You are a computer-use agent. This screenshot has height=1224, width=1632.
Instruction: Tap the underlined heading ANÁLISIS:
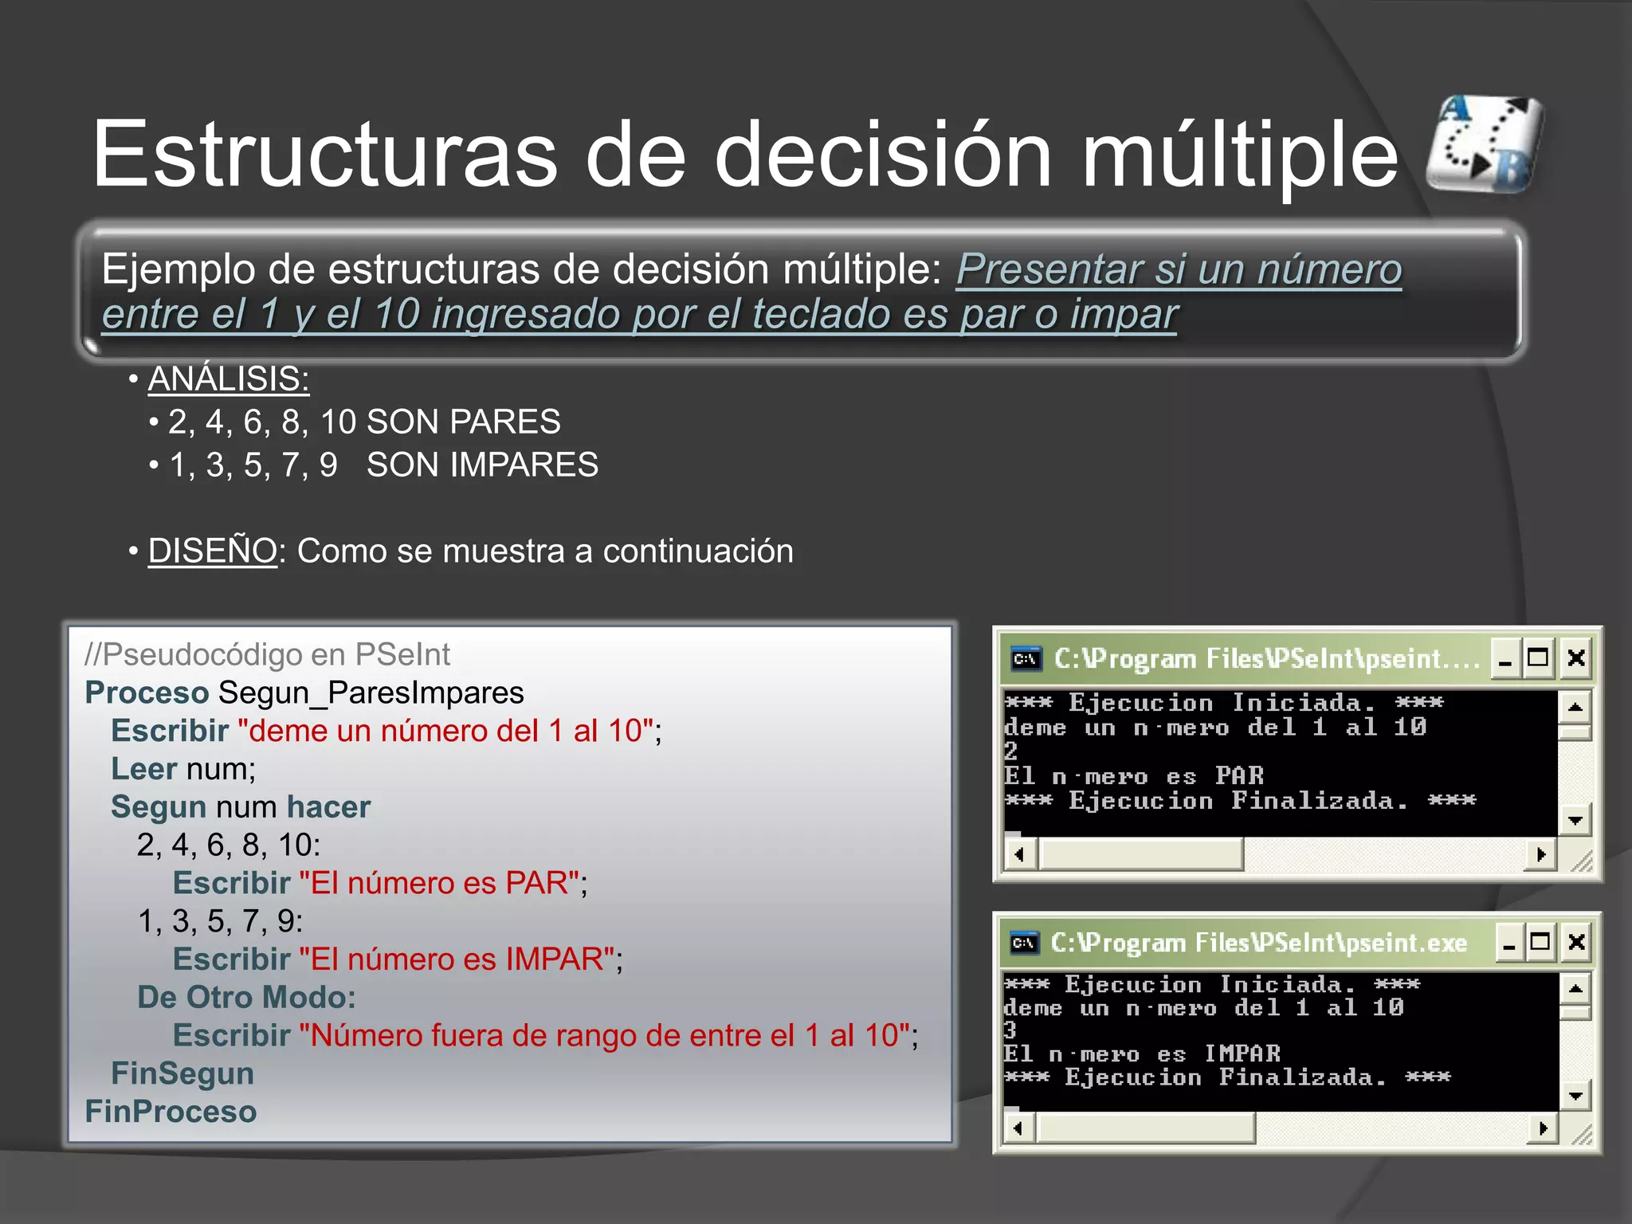[229, 379]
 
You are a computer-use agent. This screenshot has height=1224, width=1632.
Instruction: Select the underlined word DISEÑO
[212, 551]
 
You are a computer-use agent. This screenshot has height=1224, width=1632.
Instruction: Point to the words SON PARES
[463, 422]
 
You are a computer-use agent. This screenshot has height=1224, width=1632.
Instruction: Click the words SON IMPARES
[482, 465]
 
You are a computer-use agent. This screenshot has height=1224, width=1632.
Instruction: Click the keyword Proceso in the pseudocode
[147, 693]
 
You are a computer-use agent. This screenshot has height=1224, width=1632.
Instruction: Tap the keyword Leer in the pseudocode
[143, 769]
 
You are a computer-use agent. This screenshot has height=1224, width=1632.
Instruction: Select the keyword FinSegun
[182, 1074]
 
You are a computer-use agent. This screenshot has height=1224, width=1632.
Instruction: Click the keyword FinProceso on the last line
[171, 1112]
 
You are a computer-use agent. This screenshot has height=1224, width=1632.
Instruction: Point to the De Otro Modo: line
[246, 998]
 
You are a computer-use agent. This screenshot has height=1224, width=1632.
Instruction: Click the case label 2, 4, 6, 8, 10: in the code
[228, 845]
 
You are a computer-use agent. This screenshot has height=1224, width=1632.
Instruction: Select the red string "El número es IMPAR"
[457, 959]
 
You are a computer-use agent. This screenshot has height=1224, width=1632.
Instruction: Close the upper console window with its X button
[1575, 658]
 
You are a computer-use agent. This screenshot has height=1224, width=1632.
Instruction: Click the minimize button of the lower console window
[1508, 943]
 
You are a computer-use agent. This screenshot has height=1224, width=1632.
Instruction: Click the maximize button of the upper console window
[1537, 658]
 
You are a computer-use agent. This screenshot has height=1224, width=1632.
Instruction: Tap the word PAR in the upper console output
[1239, 776]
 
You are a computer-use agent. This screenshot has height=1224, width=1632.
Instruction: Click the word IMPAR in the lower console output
[1242, 1054]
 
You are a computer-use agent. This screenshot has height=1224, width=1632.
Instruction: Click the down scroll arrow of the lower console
[1575, 1096]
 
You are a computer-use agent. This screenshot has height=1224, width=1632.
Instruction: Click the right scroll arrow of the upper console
[1541, 855]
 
